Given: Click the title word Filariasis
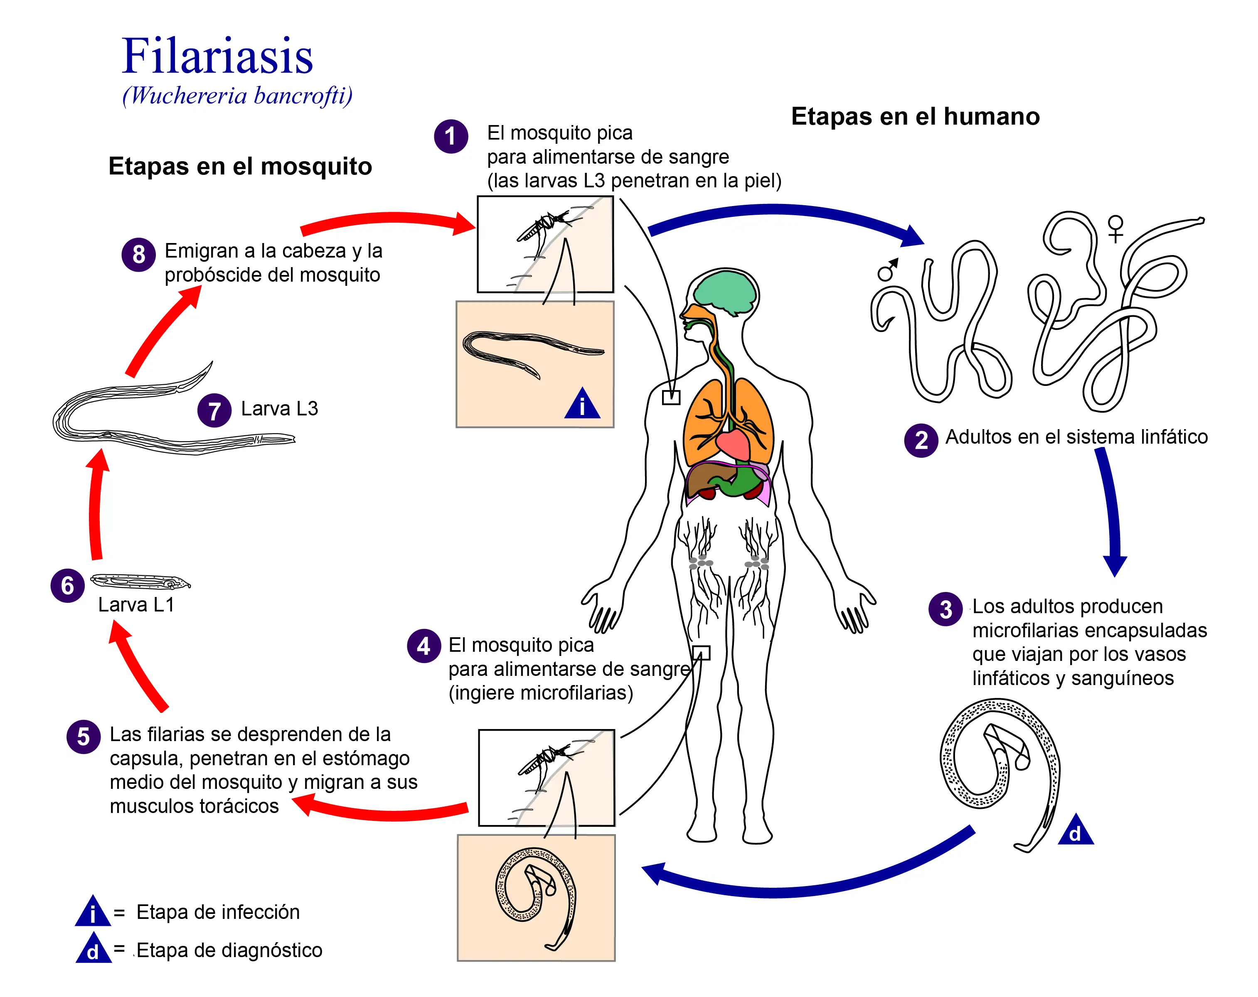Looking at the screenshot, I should (217, 56).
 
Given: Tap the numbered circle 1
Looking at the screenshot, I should (451, 137).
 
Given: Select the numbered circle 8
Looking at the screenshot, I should (138, 254).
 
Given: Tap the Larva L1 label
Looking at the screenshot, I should (136, 604).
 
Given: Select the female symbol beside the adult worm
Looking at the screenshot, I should (1115, 228).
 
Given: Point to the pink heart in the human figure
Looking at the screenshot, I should (733, 444).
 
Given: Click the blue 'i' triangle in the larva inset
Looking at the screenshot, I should (582, 405).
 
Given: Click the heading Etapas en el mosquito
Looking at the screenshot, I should (240, 166).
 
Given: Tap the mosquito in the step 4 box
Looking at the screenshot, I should (543, 759).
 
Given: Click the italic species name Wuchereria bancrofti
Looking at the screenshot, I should (237, 96).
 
